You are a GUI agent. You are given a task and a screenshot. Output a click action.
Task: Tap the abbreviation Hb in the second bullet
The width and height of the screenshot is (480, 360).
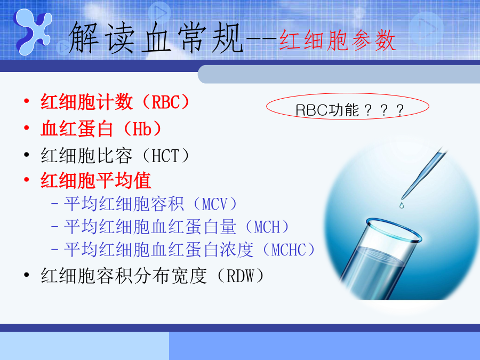pyautogui.click(x=142, y=129)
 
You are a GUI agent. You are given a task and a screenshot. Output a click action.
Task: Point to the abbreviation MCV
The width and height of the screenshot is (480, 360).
pyautogui.click(x=214, y=204)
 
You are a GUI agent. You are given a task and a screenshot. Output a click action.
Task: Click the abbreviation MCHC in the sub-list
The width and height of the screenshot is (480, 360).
pyautogui.click(x=289, y=250)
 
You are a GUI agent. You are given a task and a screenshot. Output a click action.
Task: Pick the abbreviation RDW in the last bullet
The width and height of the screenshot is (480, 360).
pyautogui.click(x=241, y=276)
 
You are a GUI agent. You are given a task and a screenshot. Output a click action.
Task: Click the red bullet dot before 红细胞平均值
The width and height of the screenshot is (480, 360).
pyautogui.click(x=27, y=179)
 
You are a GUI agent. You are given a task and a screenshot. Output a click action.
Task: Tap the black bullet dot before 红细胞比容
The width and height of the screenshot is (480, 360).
pyautogui.click(x=27, y=155)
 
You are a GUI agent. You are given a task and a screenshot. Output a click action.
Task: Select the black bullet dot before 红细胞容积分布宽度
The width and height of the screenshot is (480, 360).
pyautogui.click(x=27, y=275)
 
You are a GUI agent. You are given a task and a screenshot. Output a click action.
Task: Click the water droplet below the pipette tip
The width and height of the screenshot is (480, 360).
pyautogui.click(x=402, y=205)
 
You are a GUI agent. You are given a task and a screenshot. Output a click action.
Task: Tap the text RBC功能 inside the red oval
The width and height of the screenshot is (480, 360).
pyautogui.click(x=327, y=110)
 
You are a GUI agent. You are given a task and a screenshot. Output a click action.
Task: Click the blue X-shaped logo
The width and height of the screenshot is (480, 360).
pyautogui.click(x=32, y=31)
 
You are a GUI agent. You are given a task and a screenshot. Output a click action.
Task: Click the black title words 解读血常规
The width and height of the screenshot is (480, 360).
pyautogui.click(x=156, y=38)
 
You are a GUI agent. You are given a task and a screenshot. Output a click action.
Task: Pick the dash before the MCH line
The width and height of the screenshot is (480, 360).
pyautogui.click(x=55, y=227)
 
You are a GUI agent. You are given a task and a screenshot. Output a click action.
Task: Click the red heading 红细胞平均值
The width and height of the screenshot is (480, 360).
pyautogui.click(x=96, y=180)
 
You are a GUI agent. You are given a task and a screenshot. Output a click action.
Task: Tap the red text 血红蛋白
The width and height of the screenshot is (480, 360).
pyautogui.click(x=77, y=129)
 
